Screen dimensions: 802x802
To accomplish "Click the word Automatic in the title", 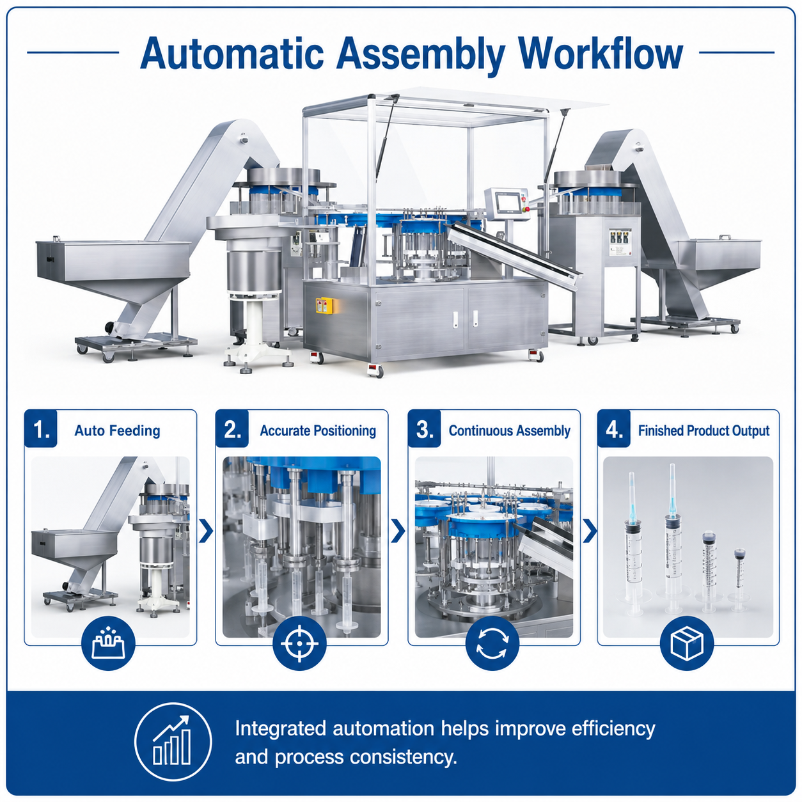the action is coord(232,54).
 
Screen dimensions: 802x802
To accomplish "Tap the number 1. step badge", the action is coord(41,429).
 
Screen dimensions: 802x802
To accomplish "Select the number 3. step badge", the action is coord(424,429).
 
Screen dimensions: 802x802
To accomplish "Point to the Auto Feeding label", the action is coord(118,430).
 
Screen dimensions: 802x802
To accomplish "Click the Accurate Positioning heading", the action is coord(318,430).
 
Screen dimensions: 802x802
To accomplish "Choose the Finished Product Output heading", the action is coord(704,430).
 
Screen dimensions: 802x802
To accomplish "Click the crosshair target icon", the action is coord(300,643).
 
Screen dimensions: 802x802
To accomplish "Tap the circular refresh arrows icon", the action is coord(492,643).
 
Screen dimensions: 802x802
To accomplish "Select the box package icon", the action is coord(687,643).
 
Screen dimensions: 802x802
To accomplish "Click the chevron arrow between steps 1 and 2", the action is coord(206,531).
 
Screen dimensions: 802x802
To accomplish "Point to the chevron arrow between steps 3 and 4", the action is coord(590,531).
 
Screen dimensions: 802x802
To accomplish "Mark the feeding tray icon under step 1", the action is coord(108,643).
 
